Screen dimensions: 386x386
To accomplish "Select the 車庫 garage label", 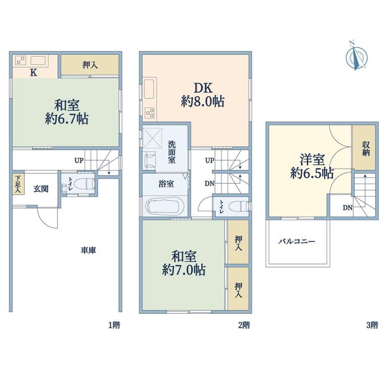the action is (88, 250).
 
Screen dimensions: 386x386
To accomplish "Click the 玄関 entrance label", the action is (41, 189).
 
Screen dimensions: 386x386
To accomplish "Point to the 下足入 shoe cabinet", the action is (18, 184).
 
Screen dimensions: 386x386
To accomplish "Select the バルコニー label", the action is (297, 241).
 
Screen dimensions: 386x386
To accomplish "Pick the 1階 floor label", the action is (115, 326).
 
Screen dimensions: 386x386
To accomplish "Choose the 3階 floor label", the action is (372, 326).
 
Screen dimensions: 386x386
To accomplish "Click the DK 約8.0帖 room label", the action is (203, 94).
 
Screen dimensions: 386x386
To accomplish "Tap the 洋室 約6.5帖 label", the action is (312, 167).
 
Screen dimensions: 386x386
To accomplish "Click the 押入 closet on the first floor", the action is (90, 65).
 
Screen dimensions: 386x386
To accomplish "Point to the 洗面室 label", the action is (172, 152).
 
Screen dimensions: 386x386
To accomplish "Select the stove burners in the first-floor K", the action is (21, 60).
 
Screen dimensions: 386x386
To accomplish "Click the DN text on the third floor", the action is (347, 208).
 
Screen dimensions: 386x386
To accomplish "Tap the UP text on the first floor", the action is (79, 161).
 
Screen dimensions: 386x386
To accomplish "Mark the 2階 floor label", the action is (244, 326).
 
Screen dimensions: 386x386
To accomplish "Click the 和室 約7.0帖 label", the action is (184, 263).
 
